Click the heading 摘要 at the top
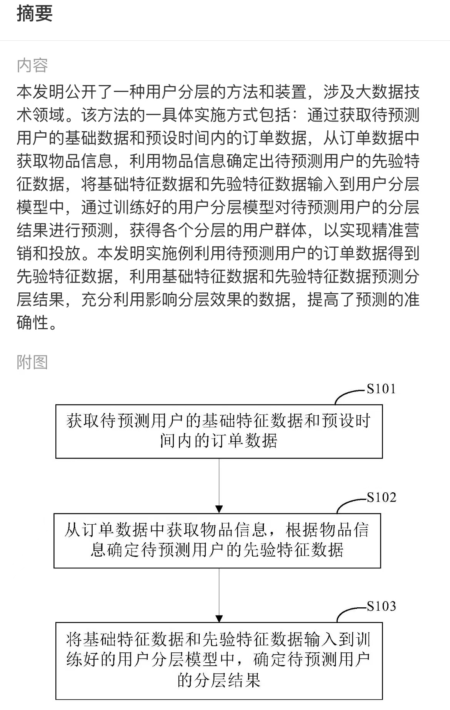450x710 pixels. tap(35, 13)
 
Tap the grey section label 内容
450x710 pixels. tap(32, 65)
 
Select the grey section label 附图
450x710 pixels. tap(32, 362)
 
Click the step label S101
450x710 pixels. tap(381, 389)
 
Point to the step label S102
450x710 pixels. tap(381, 497)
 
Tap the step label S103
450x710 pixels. tap(381, 606)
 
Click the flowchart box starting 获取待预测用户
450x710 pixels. tap(219, 431)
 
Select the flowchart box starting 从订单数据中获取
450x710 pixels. tap(217, 540)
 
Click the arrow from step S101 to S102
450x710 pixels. tap(219, 486)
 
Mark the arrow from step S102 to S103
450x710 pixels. tap(219, 595)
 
